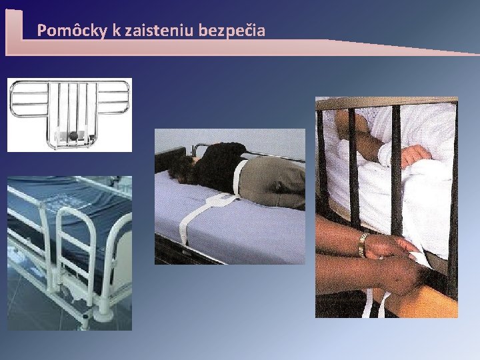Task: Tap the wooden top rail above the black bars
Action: point(387,103)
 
